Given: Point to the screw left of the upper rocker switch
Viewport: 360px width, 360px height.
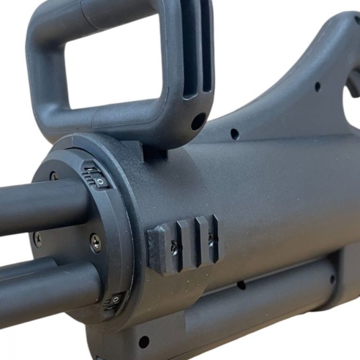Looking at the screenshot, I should [x=54, y=177].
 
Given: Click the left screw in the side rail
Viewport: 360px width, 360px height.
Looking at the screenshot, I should [x=174, y=247].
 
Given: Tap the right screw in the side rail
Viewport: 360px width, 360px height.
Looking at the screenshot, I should [x=210, y=238].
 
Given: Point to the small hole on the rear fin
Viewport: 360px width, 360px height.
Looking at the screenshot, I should [x=317, y=87].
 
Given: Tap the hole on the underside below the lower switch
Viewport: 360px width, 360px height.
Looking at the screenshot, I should [x=144, y=342].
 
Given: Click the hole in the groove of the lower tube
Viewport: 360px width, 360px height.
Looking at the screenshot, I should [x=241, y=285].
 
